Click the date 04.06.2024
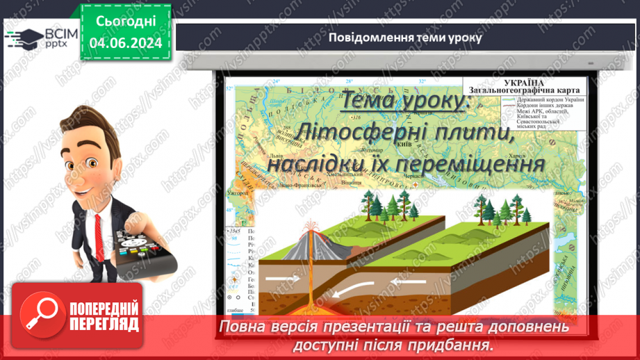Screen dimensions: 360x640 tap(125, 43)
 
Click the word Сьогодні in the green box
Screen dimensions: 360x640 tap(125, 22)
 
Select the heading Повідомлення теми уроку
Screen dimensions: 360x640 tap(405, 37)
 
